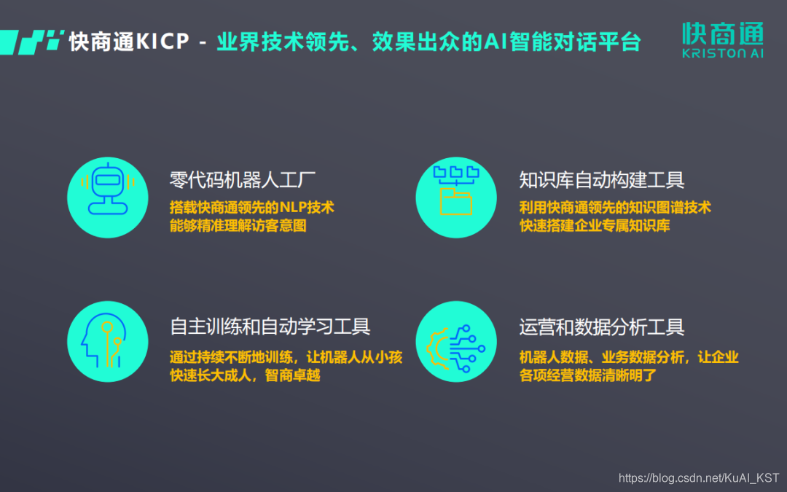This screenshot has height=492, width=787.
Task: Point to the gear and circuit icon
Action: tap(455, 342)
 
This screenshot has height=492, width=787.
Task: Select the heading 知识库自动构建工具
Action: tap(602, 179)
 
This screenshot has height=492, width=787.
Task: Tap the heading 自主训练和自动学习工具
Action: tap(270, 326)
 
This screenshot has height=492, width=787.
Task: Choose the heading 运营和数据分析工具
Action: tap(602, 327)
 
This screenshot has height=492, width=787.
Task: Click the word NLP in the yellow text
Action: tap(294, 208)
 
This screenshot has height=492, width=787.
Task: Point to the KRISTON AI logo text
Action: tap(722, 53)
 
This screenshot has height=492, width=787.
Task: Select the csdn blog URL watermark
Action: tap(698, 478)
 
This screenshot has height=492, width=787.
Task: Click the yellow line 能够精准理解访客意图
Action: tap(238, 226)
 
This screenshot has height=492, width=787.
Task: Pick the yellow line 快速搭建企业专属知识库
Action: tap(595, 226)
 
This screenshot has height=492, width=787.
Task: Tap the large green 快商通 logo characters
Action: tap(722, 33)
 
